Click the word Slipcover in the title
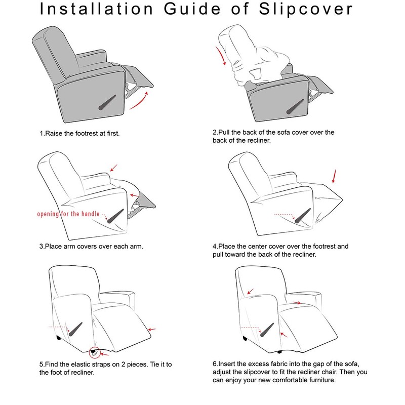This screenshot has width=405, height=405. (306, 10)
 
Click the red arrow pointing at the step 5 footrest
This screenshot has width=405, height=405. (152, 330)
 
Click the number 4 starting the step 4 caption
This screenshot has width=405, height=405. (215, 247)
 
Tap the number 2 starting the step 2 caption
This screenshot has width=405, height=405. (215, 133)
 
